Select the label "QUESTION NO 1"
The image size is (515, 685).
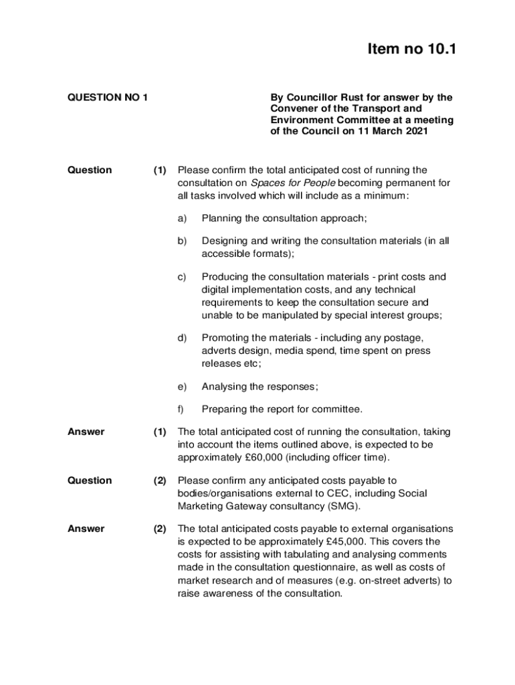(108, 98)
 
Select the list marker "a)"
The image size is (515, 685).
(182, 218)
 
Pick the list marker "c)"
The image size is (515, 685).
(182, 277)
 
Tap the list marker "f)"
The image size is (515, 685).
(181, 409)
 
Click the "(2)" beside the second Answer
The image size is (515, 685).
(159, 529)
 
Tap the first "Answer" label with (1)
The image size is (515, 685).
(86, 432)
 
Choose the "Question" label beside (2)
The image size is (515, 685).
(90, 481)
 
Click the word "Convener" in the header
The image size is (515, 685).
(294, 108)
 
